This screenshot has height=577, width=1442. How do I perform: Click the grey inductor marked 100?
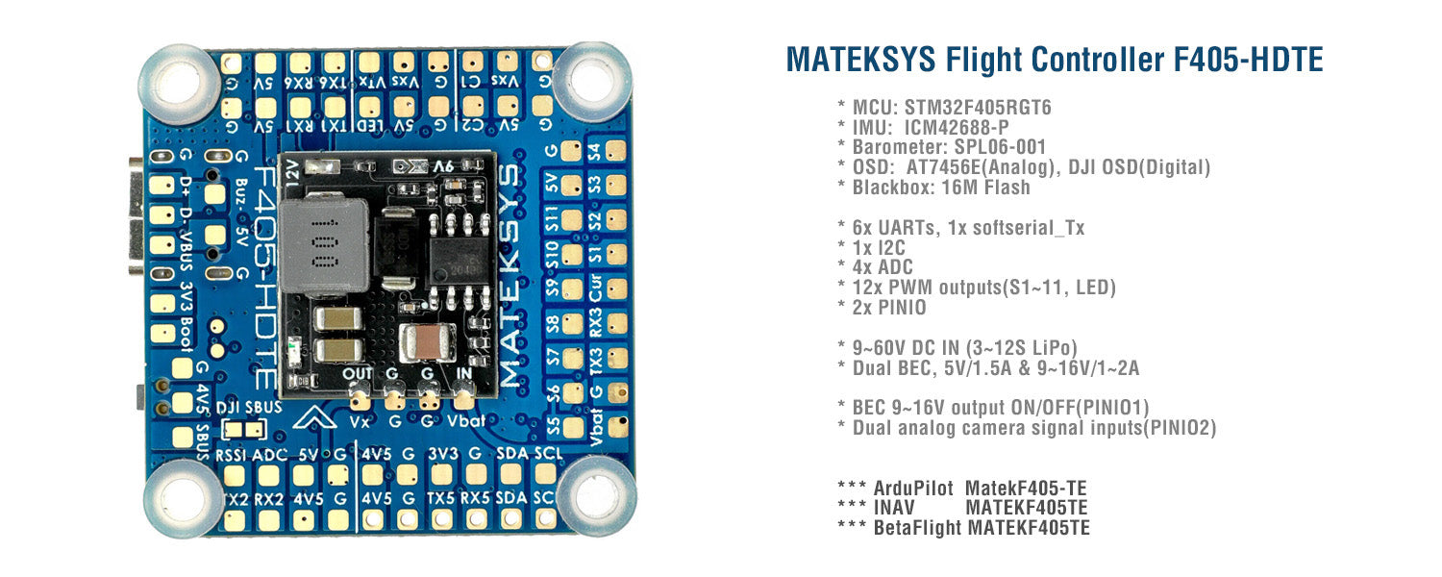(x=324, y=247)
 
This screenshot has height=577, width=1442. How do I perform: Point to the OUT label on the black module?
(x=358, y=373)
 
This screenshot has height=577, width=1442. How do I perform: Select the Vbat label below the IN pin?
(x=466, y=421)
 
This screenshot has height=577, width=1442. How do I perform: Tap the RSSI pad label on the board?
(x=231, y=455)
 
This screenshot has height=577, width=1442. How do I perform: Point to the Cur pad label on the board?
(x=595, y=291)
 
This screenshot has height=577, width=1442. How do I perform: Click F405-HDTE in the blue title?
(x=1249, y=60)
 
